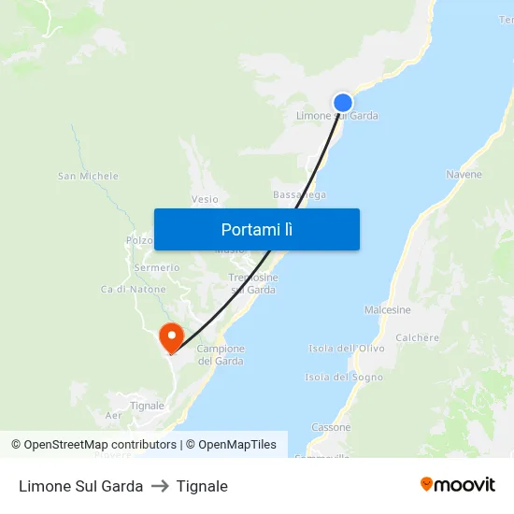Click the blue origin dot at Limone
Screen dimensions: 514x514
click(343, 103)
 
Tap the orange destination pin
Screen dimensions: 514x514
click(172, 336)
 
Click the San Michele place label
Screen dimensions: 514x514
click(88, 176)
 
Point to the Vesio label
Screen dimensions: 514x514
click(205, 199)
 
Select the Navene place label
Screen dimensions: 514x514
click(464, 175)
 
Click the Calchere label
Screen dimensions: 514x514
click(417, 338)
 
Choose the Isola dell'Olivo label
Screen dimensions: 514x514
click(346, 349)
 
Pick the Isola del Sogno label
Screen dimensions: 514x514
click(344, 378)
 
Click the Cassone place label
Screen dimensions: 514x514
click(331, 427)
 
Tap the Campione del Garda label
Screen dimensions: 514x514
click(221, 355)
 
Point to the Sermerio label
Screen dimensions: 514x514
click(156, 267)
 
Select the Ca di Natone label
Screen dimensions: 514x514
click(134, 290)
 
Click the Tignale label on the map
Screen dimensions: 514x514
click(147, 406)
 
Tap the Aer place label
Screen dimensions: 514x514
click(114, 415)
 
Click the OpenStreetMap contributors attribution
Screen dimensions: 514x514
click(93, 445)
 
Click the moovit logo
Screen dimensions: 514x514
click(457, 485)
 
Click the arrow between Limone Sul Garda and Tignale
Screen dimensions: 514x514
click(160, 486)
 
